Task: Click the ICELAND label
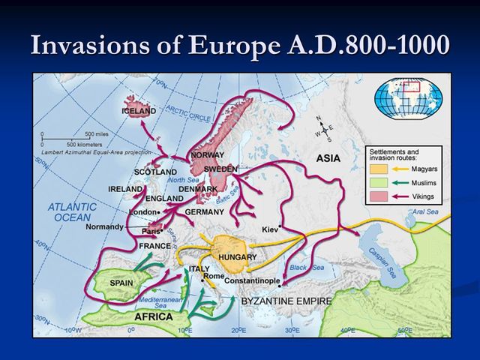139,111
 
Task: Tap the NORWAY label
208,155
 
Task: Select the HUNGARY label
237,257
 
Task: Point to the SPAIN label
121,283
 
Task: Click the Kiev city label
269,229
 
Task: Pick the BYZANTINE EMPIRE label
286,300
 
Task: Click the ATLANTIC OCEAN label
73,211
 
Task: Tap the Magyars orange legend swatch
380,169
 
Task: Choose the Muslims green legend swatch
380,182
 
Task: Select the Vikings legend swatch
380,196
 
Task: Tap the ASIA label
328,159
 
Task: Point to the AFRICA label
153,316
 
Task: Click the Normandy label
104,226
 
